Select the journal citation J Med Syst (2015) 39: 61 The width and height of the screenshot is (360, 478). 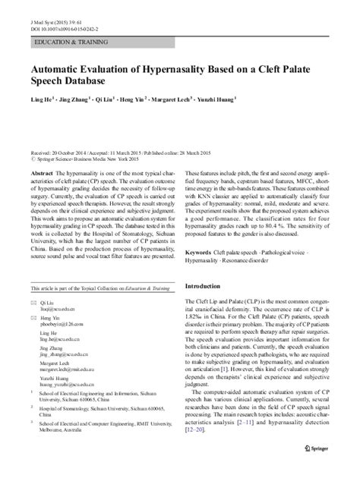(56, 6)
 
